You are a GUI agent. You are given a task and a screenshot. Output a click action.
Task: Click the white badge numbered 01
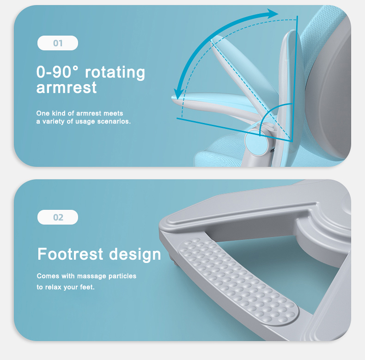[x=58, y=43]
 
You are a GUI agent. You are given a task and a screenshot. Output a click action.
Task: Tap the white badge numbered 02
[x=58, y=217]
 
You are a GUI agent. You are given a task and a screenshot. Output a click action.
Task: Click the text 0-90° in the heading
[x=57, y=72]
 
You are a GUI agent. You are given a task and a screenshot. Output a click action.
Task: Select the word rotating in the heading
[x=115, y=73]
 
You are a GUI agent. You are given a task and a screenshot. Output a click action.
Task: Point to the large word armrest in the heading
[x=67, y=88]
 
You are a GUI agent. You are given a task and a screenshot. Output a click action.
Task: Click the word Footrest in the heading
[x=70, y=254]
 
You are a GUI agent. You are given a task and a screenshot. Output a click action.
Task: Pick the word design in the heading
[x=135, y=255]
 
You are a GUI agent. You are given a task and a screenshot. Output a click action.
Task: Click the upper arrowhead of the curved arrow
[x=272, y=13]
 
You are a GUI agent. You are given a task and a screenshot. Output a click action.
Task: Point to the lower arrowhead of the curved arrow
[x=179, y=94]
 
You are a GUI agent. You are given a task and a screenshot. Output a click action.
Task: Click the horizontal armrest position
[x=217, y=103]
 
